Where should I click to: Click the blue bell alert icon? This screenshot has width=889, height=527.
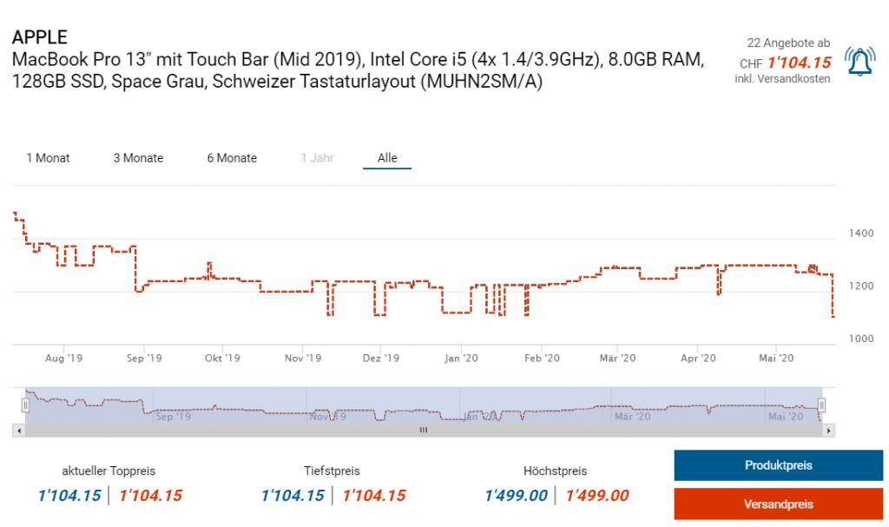[x=860, y=61]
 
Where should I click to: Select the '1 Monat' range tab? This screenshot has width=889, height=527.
[x=48, y=158]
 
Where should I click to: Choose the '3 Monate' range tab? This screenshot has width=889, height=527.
[x=138, y=158]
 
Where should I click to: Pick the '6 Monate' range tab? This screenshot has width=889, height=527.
[x=232, y=158]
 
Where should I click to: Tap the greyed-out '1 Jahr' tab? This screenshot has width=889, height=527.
[x=317, y=158]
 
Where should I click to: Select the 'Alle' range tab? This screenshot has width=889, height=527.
[x=387, y=158]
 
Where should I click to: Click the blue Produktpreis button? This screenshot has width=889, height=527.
[x=778, y=465]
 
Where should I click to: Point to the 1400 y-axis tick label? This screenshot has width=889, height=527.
[x=861, y=234]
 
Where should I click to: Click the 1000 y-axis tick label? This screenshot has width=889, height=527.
[x=861, y=339]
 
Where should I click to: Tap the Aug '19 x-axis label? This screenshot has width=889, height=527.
[x=63, y=358]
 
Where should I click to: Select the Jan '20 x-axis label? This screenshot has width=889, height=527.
[x=461, y=358]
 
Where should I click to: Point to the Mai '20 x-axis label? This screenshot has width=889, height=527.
[x=776, y=358]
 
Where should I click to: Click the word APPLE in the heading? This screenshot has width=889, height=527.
[x=40, y=38]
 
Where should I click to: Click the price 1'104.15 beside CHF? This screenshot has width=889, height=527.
[x=800, y=63]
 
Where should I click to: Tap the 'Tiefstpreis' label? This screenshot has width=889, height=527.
[x=332, y=471]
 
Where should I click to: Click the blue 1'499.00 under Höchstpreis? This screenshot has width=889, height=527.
[x=516, y=496]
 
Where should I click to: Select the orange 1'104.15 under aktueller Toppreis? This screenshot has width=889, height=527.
[x=150, y=496]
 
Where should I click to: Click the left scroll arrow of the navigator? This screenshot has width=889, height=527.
[x=18, y=430]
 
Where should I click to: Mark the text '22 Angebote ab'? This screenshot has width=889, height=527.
[x=788, y=43]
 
